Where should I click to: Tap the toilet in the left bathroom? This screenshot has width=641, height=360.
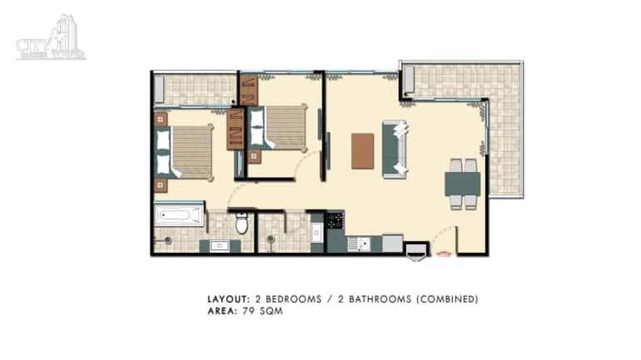click(242, 223)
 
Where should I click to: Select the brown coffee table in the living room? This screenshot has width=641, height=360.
click(363, 151)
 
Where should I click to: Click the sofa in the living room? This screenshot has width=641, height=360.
click(395, 149)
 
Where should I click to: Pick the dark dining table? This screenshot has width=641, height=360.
click(462, 184)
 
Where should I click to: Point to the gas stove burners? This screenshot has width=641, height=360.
click(334, 221)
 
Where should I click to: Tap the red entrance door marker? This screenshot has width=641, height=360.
click(444, 254)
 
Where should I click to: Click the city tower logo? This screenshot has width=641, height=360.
click(51, 38)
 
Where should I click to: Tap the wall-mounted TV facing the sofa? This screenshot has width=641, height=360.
click(328, 151)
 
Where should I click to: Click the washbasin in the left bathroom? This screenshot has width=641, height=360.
click(220, 246)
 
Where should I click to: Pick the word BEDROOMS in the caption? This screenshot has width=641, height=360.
click(293, 299)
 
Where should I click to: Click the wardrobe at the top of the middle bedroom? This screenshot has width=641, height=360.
click(249, 90)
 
